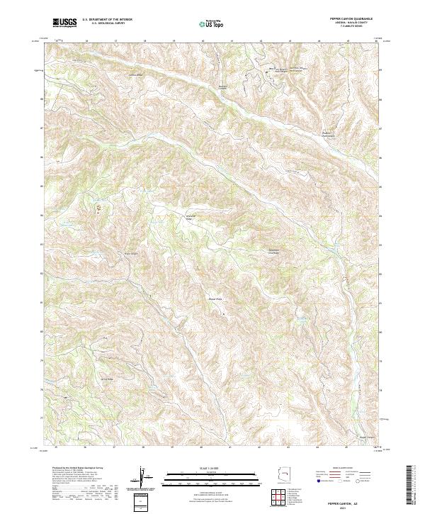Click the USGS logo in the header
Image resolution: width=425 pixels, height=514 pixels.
coord(64,23)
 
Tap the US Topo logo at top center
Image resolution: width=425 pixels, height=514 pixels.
coord(212,23)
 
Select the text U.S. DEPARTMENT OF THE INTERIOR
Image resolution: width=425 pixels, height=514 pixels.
coord(106,20)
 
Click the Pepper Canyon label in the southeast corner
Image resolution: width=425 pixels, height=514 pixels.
coord(361,437)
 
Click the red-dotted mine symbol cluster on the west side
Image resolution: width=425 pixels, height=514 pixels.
coord(98,208)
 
